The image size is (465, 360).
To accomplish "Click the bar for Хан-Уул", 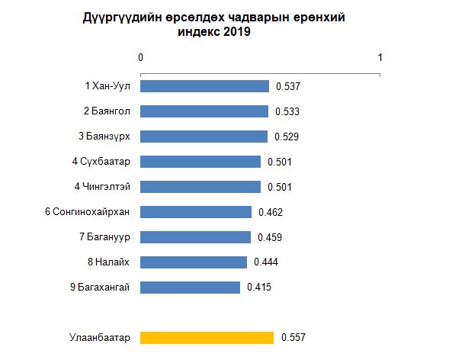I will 204,86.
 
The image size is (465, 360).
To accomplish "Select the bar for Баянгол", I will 204,111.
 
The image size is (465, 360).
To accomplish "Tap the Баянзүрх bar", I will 204,137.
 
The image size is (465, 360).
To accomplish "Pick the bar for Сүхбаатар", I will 200,162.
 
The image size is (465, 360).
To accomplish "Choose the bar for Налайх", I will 194,262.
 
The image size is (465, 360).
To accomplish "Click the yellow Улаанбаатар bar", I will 207,337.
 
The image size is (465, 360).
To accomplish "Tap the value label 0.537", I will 288,87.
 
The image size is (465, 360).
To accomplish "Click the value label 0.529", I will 286,137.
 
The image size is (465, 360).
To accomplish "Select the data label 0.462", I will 271,212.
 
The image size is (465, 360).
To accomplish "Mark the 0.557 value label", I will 293,337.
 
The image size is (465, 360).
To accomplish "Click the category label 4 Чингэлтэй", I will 102,187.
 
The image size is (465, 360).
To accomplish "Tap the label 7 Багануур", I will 105,237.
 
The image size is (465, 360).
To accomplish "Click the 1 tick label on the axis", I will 380,57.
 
